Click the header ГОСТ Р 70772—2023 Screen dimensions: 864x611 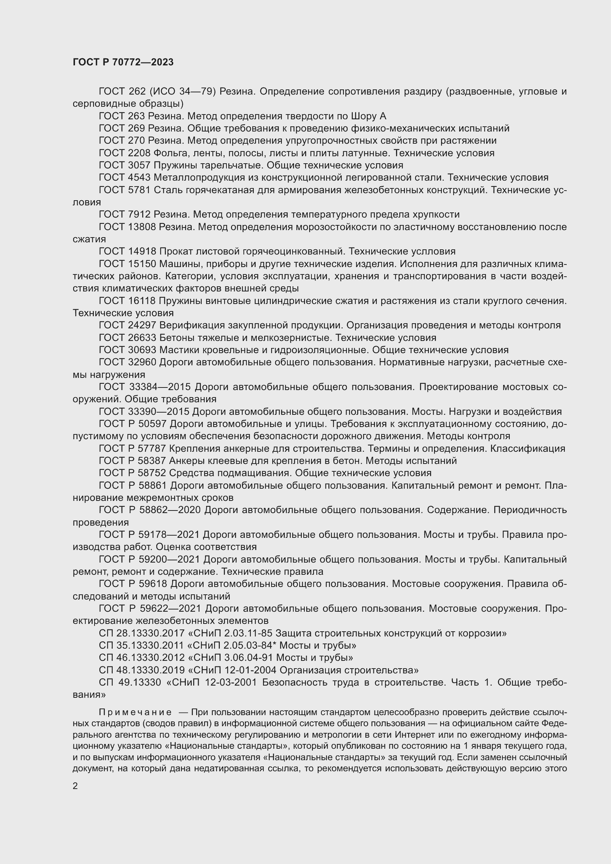click(123, 62)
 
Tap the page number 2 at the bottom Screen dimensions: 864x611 click(75, 786)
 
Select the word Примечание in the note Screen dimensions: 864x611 click(135, 712)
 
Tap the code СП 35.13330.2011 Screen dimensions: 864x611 click(141, 645)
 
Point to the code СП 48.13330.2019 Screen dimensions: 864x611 click(141, 670)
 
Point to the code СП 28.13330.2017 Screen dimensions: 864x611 click(141, 633)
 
